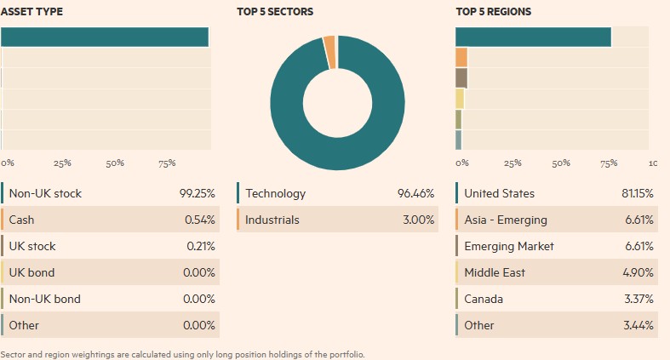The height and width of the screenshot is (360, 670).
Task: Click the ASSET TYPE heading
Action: [31, 12]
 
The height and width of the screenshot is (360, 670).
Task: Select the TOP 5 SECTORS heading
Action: [275, 12]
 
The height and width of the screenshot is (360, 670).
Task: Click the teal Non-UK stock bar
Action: [105, 37]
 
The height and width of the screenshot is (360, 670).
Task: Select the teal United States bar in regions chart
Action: [534, 37]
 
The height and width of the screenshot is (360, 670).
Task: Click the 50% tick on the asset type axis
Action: [115, 163]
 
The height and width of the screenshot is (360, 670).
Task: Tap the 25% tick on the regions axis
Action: [513, 163]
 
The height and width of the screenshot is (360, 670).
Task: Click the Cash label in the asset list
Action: [21, 220]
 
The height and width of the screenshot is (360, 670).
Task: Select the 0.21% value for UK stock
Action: [199, 246]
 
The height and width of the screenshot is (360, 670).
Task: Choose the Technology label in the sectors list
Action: [275, 193]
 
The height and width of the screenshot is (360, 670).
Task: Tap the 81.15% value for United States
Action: [638, 193]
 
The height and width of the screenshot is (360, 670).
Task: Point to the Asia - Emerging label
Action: [505, 220]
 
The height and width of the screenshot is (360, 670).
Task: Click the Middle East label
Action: [495, 272]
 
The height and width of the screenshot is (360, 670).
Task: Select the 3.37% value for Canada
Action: [639, 299]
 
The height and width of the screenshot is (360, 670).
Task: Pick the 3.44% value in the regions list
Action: [639, 325]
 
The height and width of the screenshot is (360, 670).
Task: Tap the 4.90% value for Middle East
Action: [639, 272]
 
